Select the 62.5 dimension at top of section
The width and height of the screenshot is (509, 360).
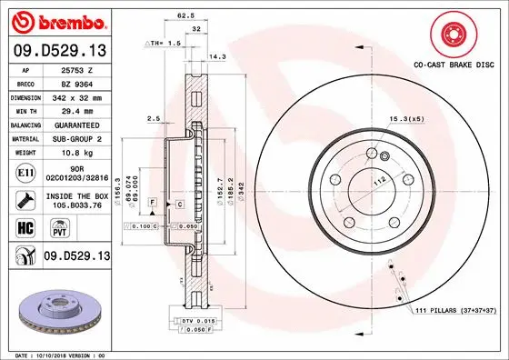click(184, 15)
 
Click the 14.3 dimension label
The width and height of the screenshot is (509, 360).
click(216, 56)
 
